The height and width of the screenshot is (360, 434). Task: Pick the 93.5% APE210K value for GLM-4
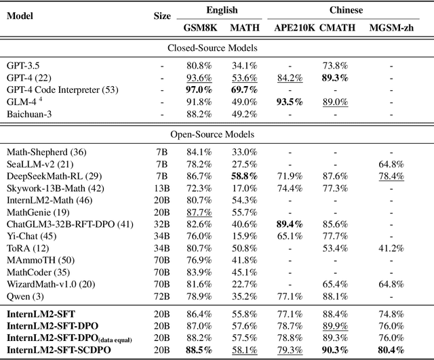(x=289, y=102)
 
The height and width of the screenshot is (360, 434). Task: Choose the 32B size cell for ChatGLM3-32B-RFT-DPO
(x=161, y=223)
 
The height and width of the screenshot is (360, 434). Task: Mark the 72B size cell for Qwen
(x=161, y=296)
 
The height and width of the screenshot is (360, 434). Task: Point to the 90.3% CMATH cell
(x=336, y=350)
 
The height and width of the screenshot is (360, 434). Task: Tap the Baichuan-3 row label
(x=31, y=113)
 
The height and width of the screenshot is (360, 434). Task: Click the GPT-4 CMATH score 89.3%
(x=336, y=78)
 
